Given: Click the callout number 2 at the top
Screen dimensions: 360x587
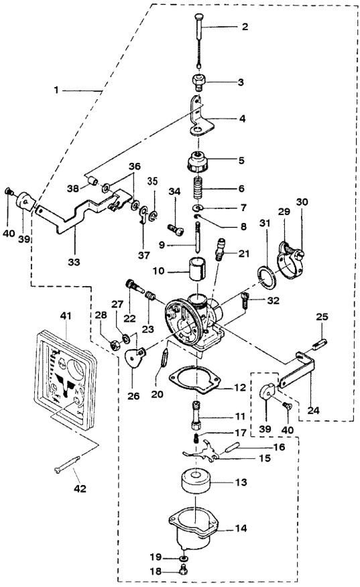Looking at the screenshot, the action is (245, 27).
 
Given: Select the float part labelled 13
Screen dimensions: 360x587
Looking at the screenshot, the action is (196, 481).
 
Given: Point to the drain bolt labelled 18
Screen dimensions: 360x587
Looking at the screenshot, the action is (184, 570).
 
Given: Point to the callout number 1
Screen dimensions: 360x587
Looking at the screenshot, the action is (56, 90).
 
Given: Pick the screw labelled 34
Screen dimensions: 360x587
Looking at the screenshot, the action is (176, 229).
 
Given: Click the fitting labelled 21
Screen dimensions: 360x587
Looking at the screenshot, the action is (219, 248).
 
